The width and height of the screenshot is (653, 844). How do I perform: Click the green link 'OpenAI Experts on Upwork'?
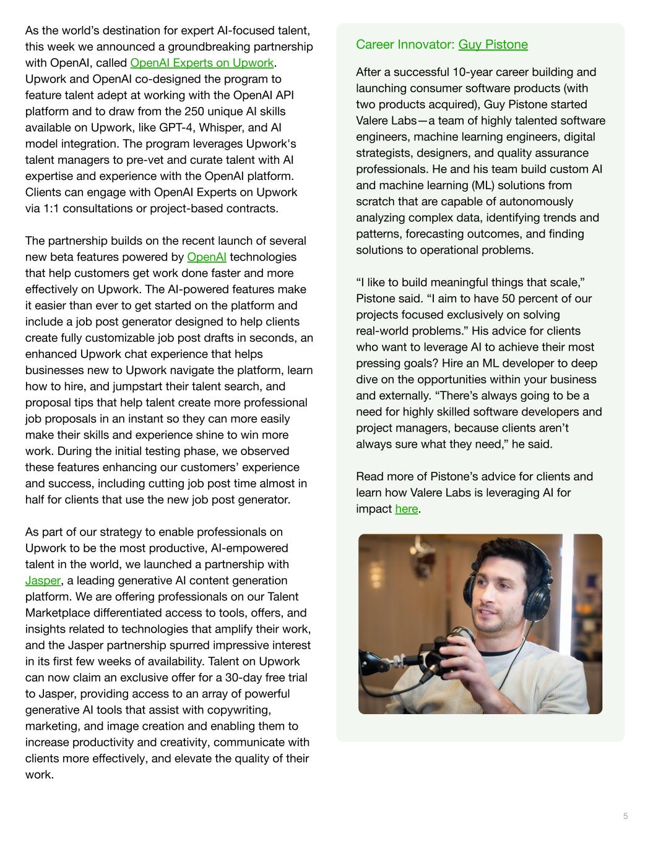coord(202,63)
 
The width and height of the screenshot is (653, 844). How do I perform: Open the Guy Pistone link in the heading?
coord(493,45)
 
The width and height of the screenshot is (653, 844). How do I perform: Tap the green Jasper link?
coord(43,581)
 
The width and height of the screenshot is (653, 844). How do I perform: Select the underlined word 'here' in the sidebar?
coord(406,509)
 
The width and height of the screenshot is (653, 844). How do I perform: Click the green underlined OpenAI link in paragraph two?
coord(206,257)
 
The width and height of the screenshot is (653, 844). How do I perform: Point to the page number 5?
coord(625,816)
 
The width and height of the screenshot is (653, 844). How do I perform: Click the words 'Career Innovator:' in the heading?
coord(405,45)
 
